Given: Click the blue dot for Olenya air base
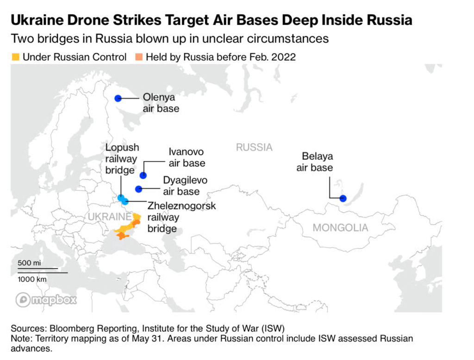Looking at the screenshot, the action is point(118,98).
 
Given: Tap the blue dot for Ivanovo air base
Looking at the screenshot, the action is point(143,175).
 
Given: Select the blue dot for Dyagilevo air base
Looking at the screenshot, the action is point(138,189).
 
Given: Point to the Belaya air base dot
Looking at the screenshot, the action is point(343,198).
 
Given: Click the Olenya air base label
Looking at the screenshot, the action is point(161,103).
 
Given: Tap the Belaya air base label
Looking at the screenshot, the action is point(315,162).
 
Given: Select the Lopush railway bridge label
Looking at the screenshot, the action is point(122,159).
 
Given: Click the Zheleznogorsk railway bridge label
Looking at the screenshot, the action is point(181,217).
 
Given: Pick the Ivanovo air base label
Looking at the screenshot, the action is point(187,158).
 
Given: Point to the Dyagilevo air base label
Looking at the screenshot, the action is point(185,186).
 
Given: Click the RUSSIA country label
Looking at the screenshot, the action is point(254,147).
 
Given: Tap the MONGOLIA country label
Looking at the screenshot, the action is point(340,227).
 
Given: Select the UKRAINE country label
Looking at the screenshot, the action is point(110,217).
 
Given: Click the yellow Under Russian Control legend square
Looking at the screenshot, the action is point(15,57).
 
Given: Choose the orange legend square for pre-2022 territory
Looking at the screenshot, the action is point(139,57).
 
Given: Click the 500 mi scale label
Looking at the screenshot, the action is point(29,263).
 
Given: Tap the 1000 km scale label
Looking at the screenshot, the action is point(32,279).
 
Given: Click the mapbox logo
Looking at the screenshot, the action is point(46,300).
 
